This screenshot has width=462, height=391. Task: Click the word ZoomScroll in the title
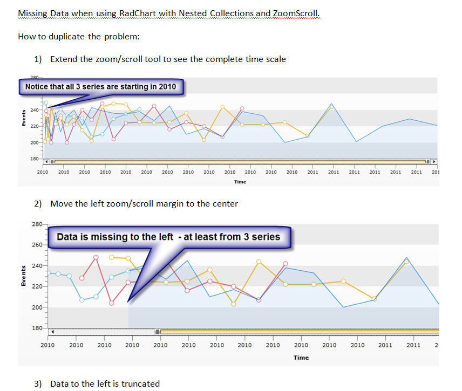pyautogui.click(x=296, y=13)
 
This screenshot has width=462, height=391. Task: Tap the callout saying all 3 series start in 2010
pyautogui.click(x=100, y=86)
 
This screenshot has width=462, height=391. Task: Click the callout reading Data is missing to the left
pyautogui.click(x=168, y=237)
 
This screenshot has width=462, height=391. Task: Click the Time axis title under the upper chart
pyautogui.click(x=240, y=182)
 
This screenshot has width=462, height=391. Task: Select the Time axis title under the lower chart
pyautogui.click(x=301, y=358)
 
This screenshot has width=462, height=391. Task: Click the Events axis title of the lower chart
pyautogui.click(x=23, y=276)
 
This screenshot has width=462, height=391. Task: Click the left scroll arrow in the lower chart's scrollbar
pyautogui.click(x=52, y=332)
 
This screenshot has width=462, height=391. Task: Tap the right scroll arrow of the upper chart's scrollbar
pyautogui.click(x=434, y=161)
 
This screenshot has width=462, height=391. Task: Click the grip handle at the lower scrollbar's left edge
pyautogui.click(x=158, y=332)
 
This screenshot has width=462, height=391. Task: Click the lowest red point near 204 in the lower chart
pyautogui.click(x=112, y=303)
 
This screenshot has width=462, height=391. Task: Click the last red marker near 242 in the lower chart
pyautogui.click(x=286, y=264)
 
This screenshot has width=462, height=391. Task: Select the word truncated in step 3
pyautogui.click(x=140, y=384)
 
